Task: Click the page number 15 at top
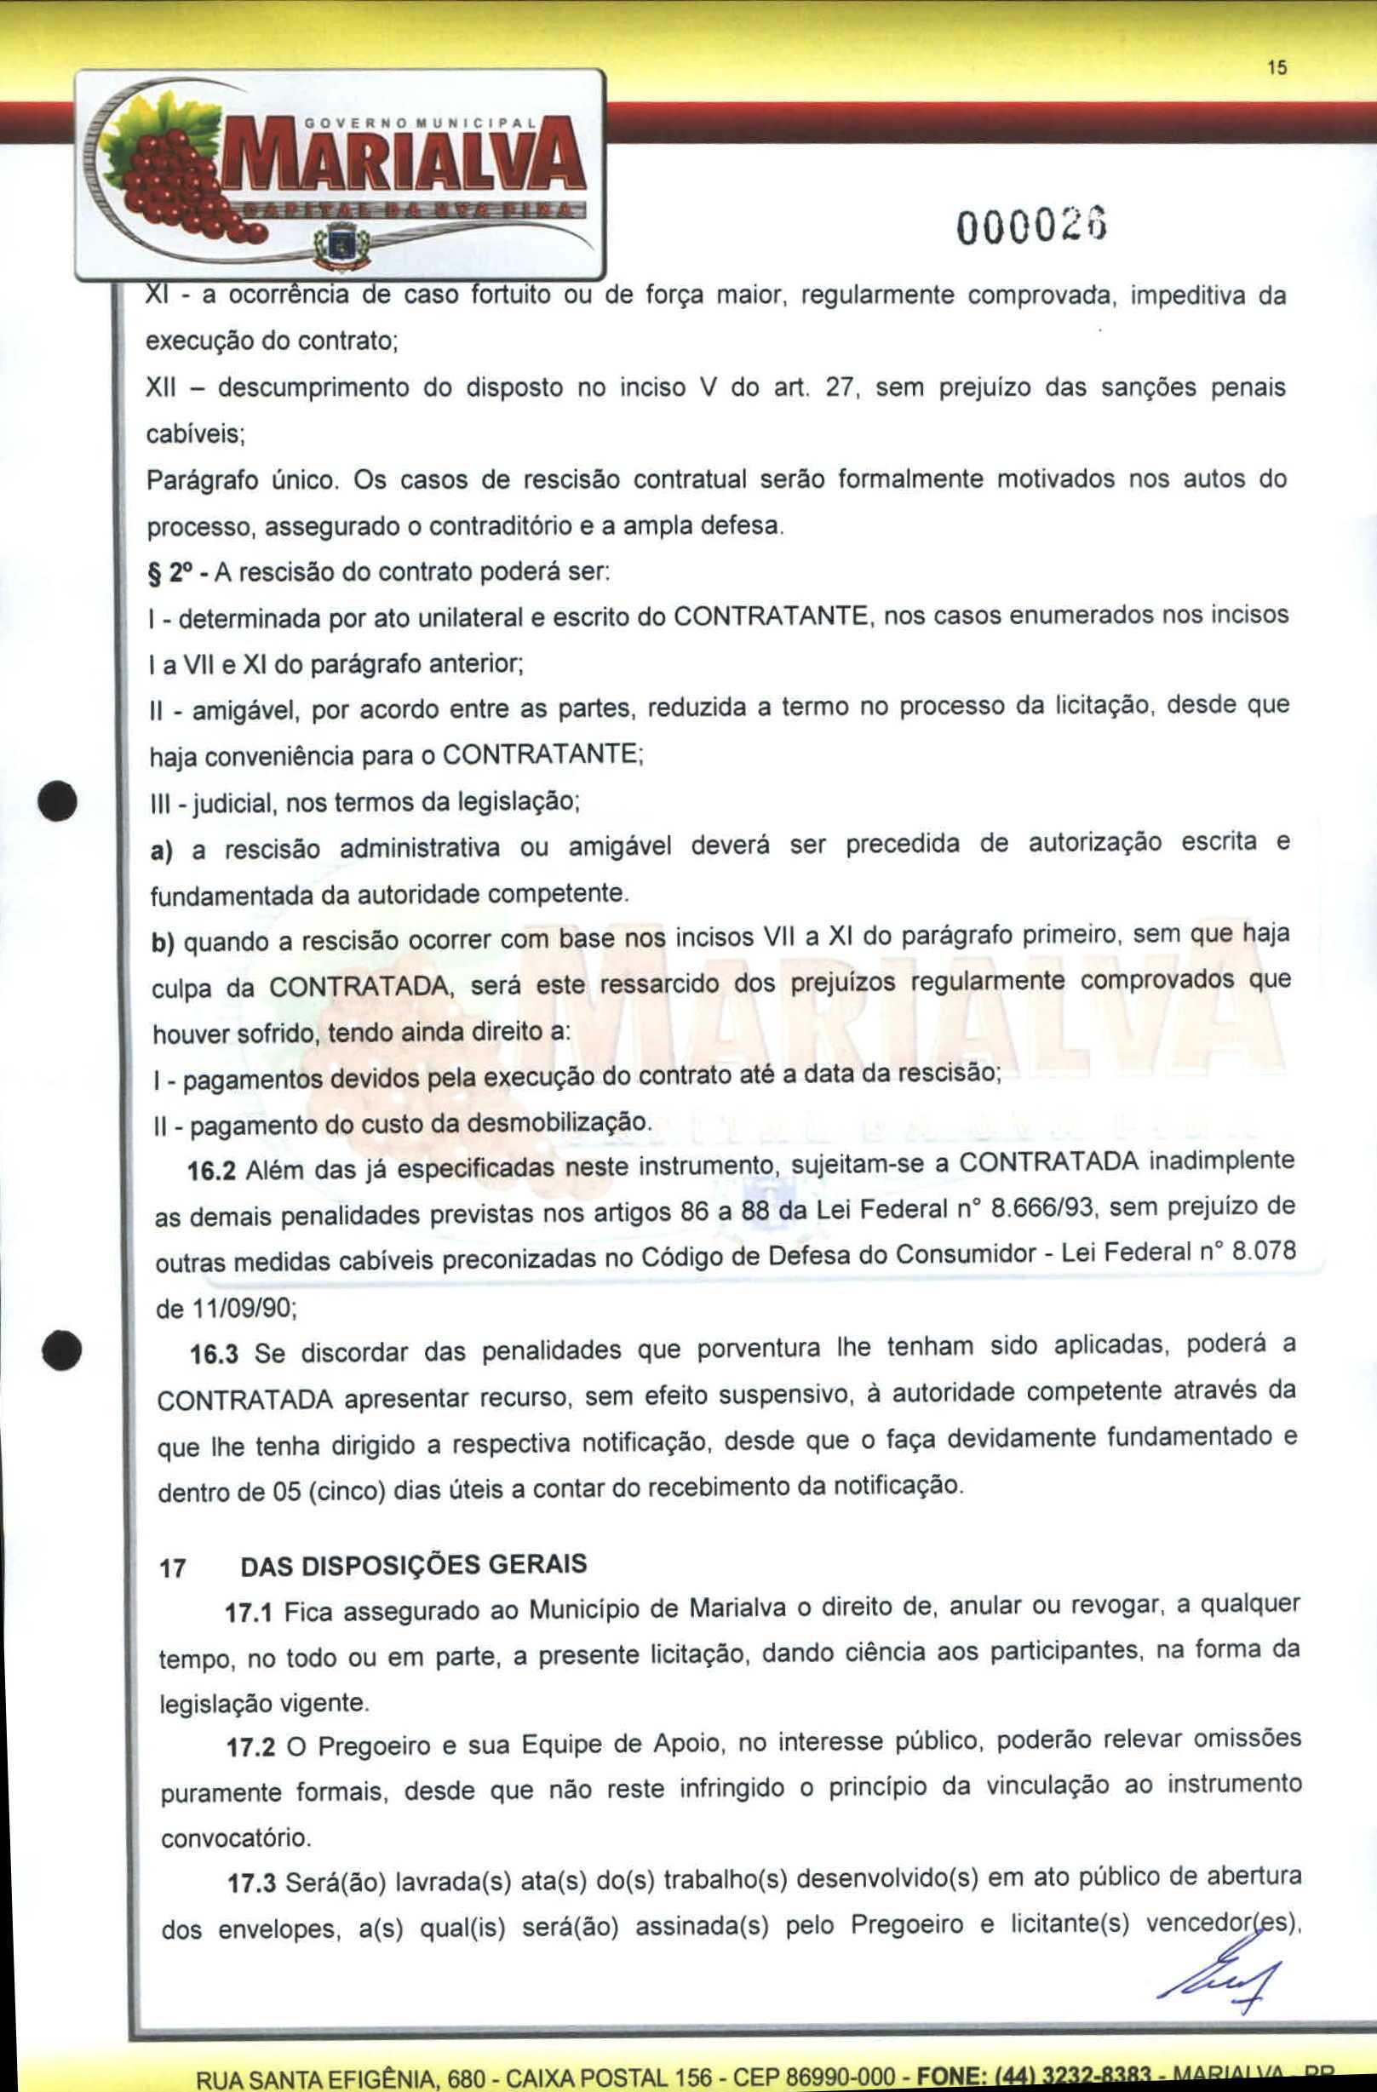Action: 1277,67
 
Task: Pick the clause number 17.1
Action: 250,1613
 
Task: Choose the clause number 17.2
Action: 251,1746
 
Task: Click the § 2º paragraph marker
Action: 168,573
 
